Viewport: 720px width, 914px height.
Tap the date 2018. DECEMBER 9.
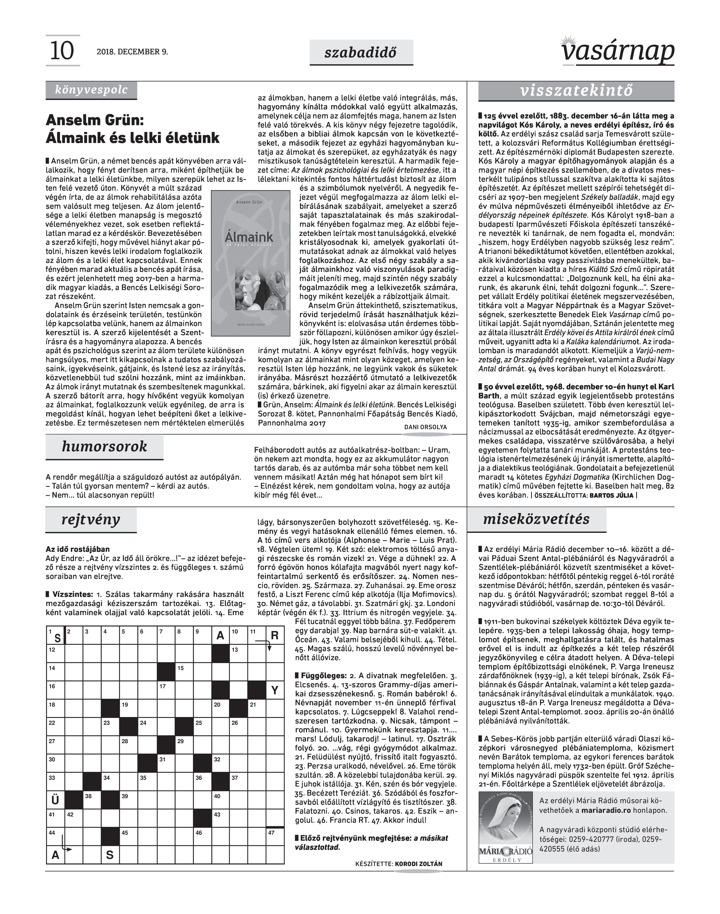coord(132,52)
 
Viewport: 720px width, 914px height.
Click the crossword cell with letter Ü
coord(55,799)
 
